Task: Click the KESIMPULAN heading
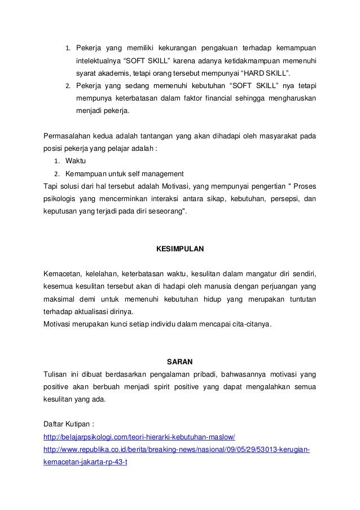click(x=179, y=249)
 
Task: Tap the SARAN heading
click(x=179, y=361)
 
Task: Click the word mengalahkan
click(x=265, y=387)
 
